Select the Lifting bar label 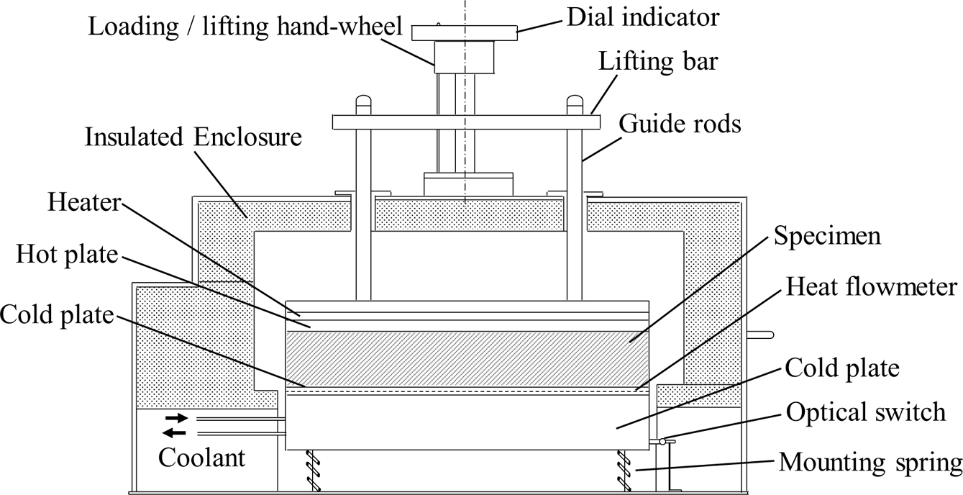pyautogui.click(x=657, y=62)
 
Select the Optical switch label pyautogui.click(x=865, y=412)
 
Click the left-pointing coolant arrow pyautogui.click(x=175, y=432)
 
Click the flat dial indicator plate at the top pyautogui.click(x=464, y=32)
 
